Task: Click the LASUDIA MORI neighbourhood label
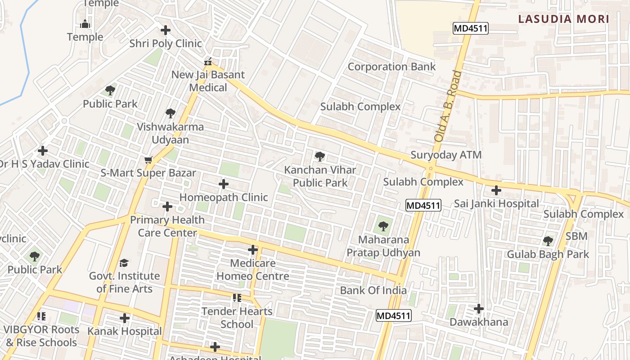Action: click(563, 19)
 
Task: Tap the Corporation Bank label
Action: click(391, 67)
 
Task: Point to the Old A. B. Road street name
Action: click(448, 106)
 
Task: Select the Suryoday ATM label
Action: click(445, 155)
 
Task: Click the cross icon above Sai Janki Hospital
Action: click(496, 190)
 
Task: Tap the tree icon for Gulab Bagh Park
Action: click(548, 241)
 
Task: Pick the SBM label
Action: click(576, 236)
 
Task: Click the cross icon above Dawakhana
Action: click(479, 309)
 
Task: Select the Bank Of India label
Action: click(373, 290)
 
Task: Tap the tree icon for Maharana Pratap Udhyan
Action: click(383, 226)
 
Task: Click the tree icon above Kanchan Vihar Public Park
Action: click(320, 157)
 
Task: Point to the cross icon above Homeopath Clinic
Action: click(223, 184)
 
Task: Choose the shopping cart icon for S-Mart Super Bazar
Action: click(148, 160)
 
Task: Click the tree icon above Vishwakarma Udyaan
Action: click(170, 113)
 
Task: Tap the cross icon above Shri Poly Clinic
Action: click(166, 30)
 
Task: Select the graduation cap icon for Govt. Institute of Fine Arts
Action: click(124, 263)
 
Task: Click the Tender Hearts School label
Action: click(237, 318)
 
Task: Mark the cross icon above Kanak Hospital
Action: click(124, 318)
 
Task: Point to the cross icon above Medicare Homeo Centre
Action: click(253, 250)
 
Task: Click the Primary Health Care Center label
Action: click(167, 226)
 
